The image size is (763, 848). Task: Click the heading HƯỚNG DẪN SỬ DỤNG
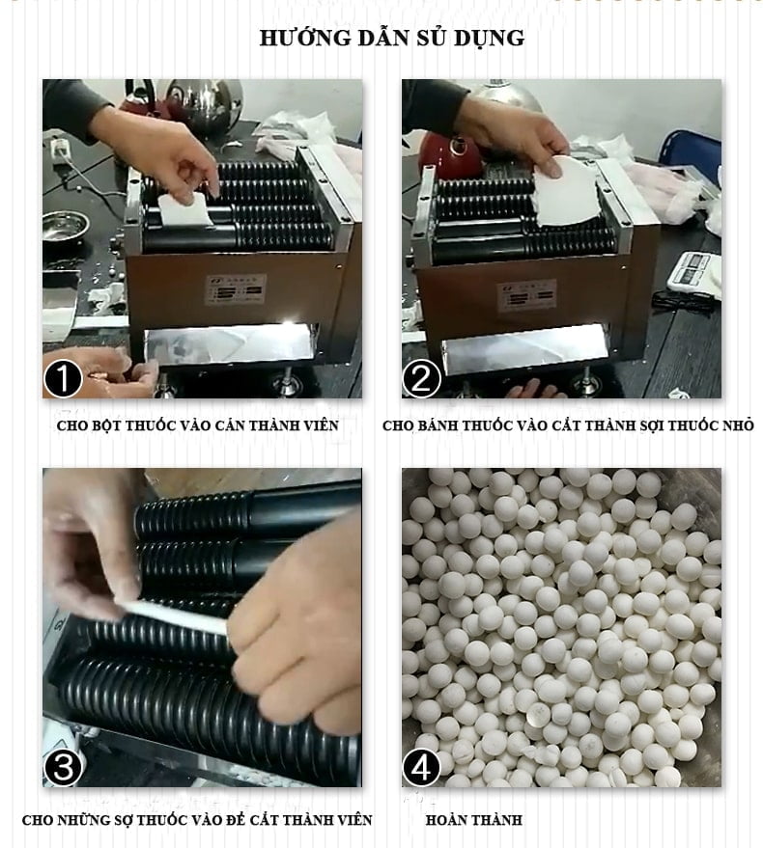[391, 38]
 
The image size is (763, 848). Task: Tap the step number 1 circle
[63, 378]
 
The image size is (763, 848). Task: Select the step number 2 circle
[421, 378]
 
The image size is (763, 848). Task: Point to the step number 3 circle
[63, 767]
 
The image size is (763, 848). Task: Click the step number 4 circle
[421, 767]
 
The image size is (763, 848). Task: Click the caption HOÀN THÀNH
[474, 820]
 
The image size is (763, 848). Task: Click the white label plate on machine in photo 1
[236, 289]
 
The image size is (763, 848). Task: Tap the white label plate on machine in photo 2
[527, 295]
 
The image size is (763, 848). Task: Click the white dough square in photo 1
[184, 209]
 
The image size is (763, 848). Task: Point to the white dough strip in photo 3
[172, 616]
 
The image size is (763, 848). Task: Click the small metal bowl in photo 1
[65, 226]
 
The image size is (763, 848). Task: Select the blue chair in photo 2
[691, 154]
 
